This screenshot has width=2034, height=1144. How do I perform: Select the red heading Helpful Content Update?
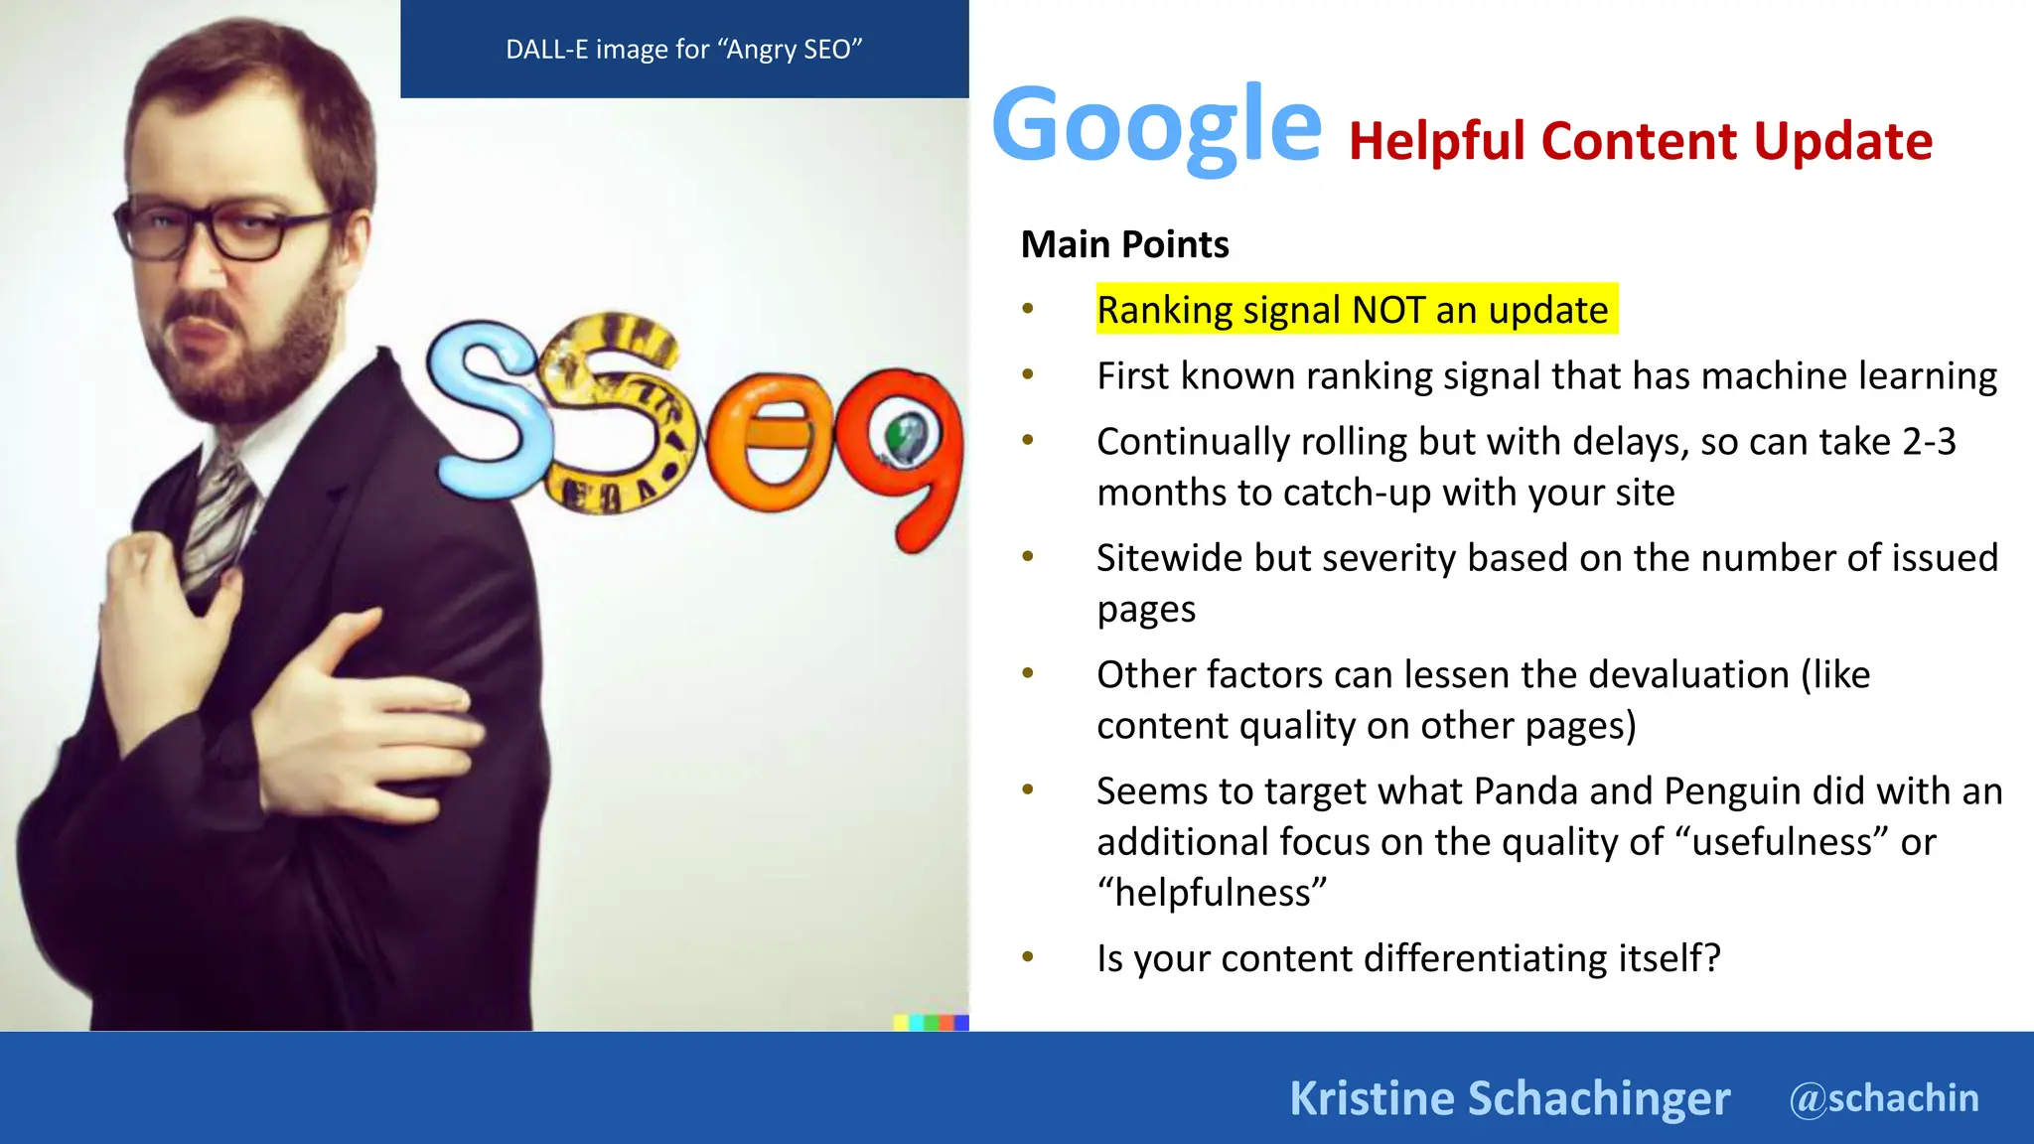tap(1640, 141)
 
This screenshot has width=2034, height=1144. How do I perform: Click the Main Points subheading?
tap(1124, 244)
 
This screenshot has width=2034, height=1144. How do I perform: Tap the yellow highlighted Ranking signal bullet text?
tap(1352, 310)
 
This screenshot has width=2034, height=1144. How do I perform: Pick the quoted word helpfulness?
tap(1212, 893)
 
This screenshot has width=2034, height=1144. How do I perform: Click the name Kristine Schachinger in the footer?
tap(1509, 1098)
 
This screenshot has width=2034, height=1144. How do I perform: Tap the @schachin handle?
tap(1883, 1098)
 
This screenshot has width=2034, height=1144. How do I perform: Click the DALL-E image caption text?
tap(683, 50)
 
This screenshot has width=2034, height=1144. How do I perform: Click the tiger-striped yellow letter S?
tap(616, 417)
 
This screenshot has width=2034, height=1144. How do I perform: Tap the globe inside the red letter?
tap(905, 437)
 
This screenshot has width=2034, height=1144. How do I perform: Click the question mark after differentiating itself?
tap(1711, 958)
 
